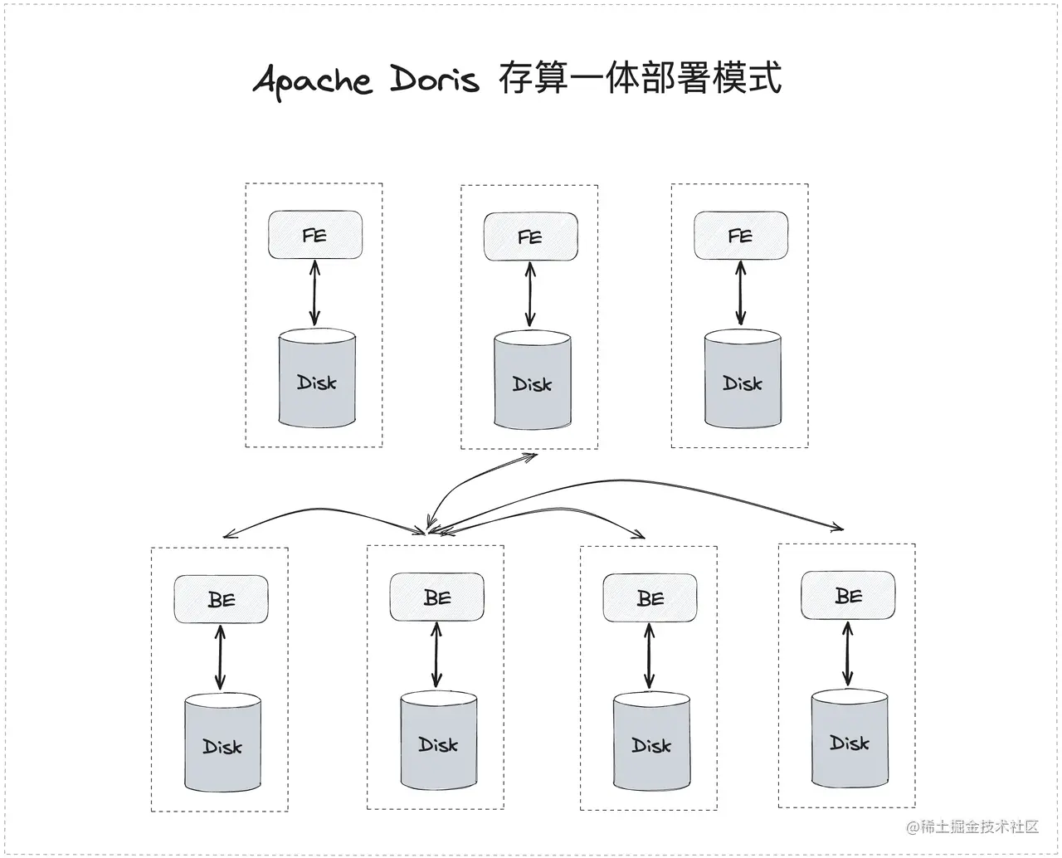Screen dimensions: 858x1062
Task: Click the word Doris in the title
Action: (x=435, y=80)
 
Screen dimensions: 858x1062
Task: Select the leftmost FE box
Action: (x=315, y=235)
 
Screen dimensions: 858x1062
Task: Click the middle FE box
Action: (x=530, y=237)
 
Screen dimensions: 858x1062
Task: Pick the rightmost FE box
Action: (x=740, y=236)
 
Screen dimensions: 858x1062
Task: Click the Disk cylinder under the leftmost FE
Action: (x=317, y=380)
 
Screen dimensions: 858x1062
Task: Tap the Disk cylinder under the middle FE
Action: (x=532, y=382)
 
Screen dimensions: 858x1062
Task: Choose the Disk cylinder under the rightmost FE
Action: (x=743, y=380)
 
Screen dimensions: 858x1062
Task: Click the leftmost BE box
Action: (x=221, y=598)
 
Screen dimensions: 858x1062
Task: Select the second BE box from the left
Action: (x=437, y=597)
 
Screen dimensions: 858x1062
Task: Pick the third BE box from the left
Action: (x=650, y=597)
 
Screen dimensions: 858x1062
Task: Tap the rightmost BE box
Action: (x=848, y=595)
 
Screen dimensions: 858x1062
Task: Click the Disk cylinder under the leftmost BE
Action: (x=222, y=743)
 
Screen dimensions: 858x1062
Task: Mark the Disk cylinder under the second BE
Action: (x=439, y=742)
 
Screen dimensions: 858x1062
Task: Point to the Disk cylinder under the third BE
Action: (x=651, y=743)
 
